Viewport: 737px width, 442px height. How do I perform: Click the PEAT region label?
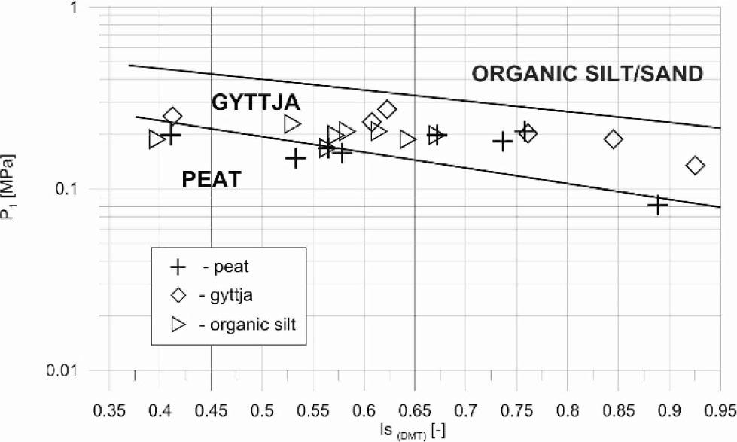[x=212, y=179]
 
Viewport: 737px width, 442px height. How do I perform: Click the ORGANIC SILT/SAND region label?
[x=587, y=73]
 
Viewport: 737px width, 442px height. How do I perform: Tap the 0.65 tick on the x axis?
[x=414, y=410]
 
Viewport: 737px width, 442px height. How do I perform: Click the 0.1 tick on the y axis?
[x=82, y=188]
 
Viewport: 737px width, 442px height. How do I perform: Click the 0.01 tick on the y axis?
[x=78, y=370]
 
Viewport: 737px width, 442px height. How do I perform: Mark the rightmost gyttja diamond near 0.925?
[x=696, y=165]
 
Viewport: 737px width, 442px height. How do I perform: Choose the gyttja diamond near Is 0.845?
[x=614, y=139]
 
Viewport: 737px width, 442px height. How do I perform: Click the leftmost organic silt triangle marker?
[x=157, y=139]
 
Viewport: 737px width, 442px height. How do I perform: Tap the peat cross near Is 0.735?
[x=503, y=141]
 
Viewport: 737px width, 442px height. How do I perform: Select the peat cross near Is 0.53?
[x=295, y=158]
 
